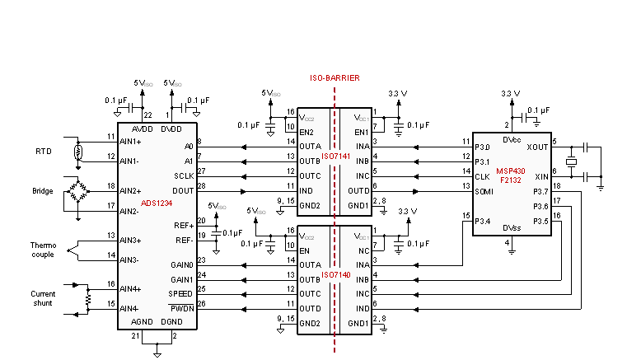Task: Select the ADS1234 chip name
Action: [157, 203]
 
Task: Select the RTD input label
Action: [44, 152]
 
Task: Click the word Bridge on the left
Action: [43, 191]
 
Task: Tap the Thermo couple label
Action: [43, 249]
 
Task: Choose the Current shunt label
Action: [43, 298]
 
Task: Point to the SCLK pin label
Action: [184, 175]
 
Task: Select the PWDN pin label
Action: [182, 308]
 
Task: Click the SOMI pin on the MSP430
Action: [484, 190]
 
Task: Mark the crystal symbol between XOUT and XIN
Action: [569, 161]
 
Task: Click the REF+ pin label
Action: [183, 224]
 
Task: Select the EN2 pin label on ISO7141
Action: [306, 131]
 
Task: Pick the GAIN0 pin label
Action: [181, 265]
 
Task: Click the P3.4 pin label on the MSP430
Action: [484, 221]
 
